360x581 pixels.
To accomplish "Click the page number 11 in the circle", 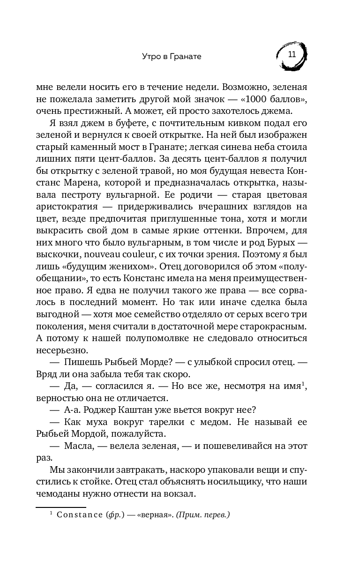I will pos(292,54).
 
